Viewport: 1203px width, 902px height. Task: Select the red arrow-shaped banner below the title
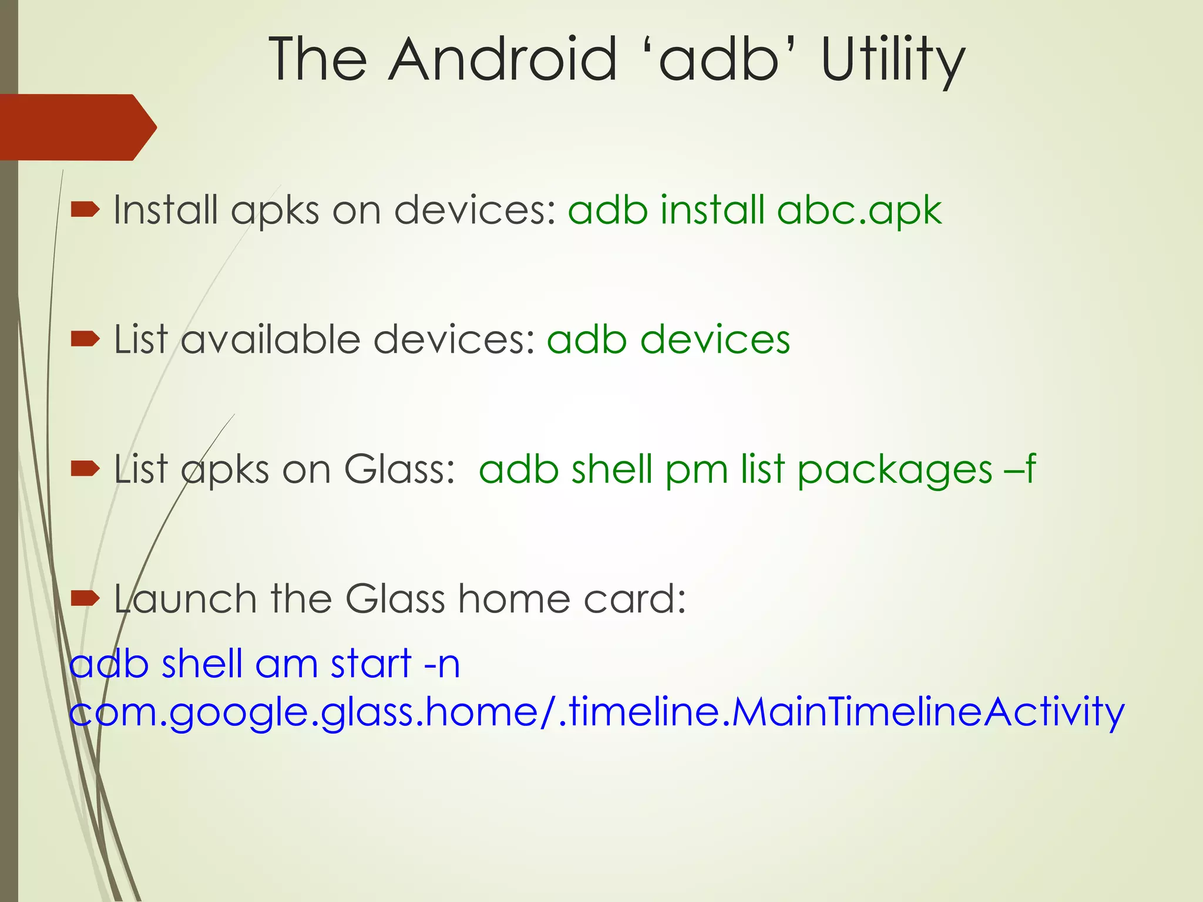[76, 127]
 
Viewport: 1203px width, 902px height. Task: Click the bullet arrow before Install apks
[85, 210]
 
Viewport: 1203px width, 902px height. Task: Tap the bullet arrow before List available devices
[85, 339]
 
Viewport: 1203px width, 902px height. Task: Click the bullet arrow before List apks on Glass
[85, 469]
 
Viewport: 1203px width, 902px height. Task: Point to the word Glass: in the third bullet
[399, 469]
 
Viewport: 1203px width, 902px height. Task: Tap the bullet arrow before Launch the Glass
[85, 598]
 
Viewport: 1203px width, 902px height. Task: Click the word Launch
[186, 599]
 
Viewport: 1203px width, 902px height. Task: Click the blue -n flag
[441, 664]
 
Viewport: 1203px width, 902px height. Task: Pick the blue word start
[371, 664]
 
